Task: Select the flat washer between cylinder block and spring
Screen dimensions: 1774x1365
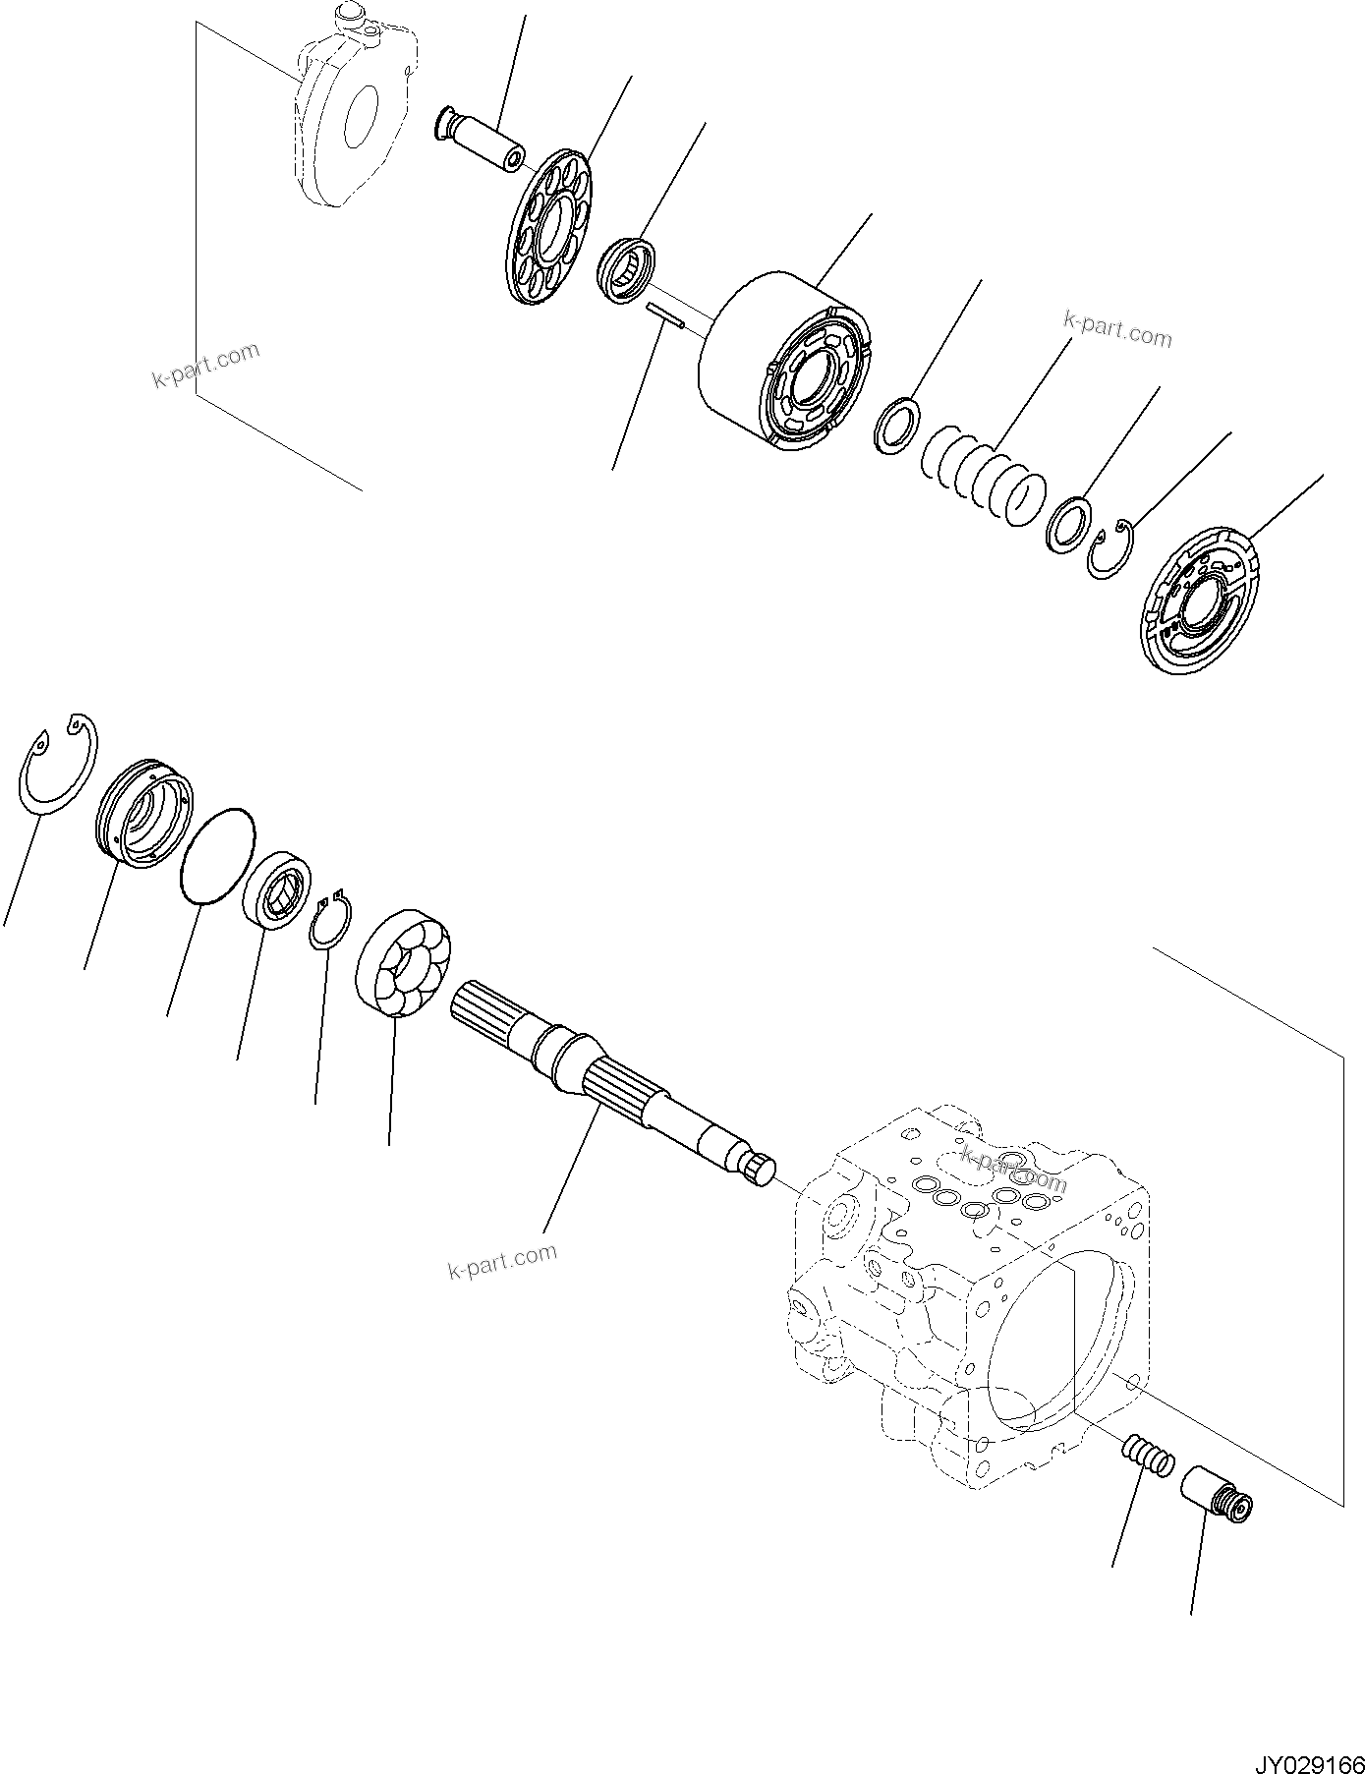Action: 896,425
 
